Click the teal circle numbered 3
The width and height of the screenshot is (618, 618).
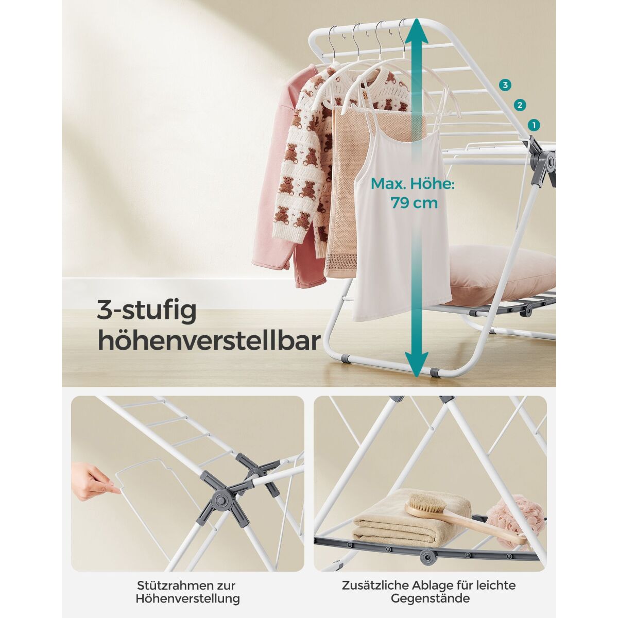[x=506, y=85]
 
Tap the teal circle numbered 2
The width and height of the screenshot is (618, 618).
[x=520, y=105]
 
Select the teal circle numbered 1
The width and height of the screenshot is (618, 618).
[x=534, y=125]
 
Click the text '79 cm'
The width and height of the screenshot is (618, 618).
[x=414, y=203]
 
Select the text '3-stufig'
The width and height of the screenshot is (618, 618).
[x=147, y=312]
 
